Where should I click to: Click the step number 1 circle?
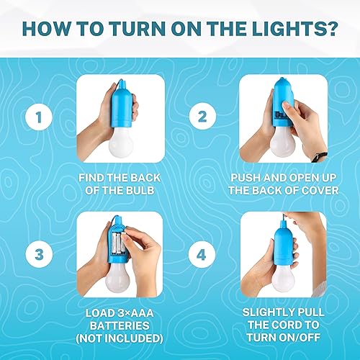(x=37, y=115)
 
